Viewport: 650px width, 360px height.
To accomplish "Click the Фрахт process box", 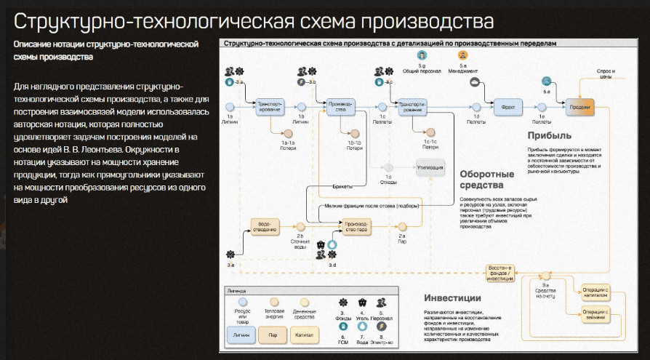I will click(x=508, y=107).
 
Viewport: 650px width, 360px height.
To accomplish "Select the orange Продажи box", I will click(x=579, y=107).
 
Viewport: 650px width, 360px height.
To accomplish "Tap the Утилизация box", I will click(x=430, y=167).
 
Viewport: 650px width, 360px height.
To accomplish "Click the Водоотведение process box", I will click(x=266, y=225).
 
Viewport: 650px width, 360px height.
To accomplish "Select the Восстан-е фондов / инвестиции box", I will click(x=500, y=273).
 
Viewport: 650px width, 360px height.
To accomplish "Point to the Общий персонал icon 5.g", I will click(x=422, y=55).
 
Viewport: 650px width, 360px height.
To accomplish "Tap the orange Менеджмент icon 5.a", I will click(x=463, y=55).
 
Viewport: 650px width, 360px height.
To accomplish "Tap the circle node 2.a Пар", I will click(x=401, y=225).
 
